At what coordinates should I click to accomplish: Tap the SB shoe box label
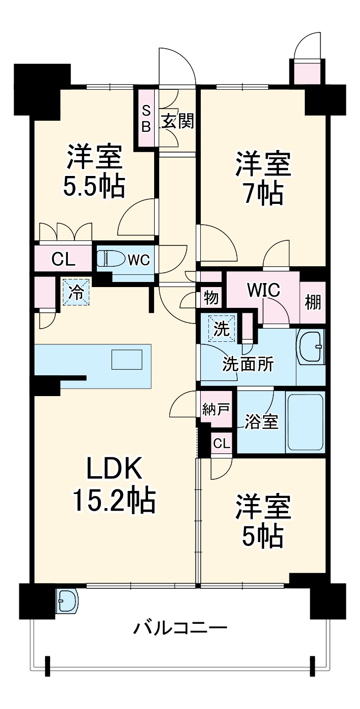tap(146, 118)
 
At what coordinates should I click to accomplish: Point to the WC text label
tap(138, 260)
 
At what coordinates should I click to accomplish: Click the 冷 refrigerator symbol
tap(76, 293)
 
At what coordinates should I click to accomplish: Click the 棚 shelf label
tap(312, 302)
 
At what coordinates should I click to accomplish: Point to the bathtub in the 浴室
tap(305, 422)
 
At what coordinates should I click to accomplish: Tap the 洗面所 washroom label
tap(247, 364)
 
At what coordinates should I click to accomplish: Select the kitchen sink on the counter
tap(127, 360)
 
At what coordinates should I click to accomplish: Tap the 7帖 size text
tap(262, 192)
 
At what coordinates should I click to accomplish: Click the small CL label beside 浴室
tap(221, 444)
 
